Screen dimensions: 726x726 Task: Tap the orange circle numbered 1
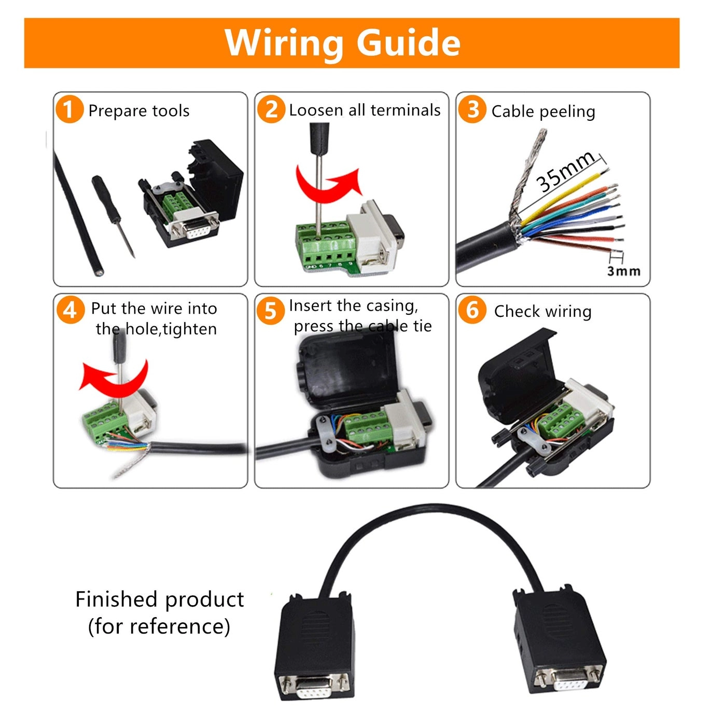click(69, 109)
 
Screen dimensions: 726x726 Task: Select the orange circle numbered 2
click(271, 109)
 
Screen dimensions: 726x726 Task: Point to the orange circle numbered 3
click(472, 109)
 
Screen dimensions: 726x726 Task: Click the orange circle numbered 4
click(70, 310)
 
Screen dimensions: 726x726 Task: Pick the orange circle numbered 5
click(271, 311)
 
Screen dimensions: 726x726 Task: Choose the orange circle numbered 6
click(472, 310)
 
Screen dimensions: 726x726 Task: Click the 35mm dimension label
click(565, 172)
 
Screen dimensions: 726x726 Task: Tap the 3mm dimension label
click(623, 271)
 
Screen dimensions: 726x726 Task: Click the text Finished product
click(159, 599)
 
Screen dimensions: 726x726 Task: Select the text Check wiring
click(542, 311)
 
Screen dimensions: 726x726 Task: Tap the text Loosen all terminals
click(365, 110)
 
